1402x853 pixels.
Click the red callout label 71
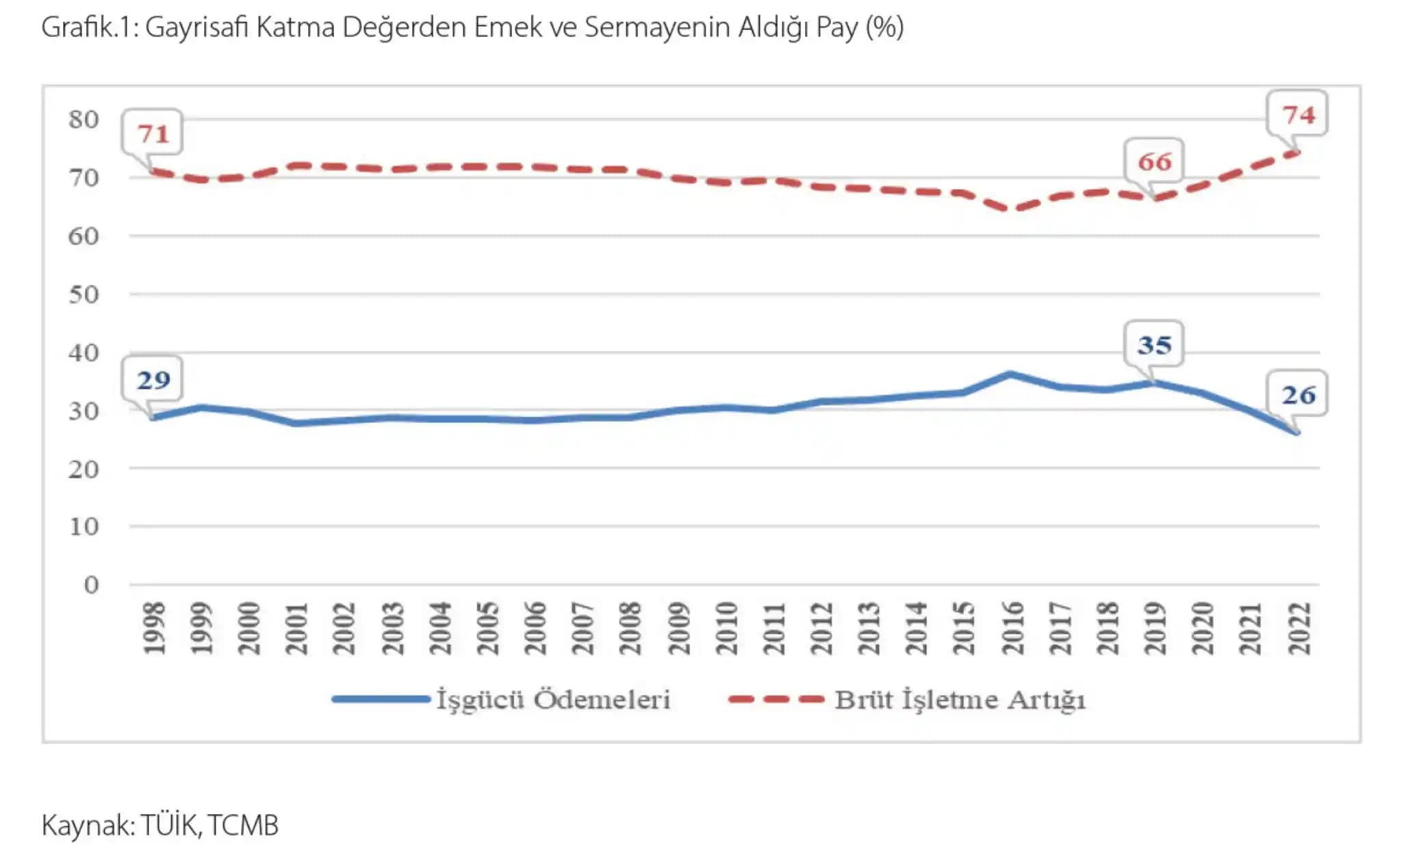coord(153,133)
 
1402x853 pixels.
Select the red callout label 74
coord(1298,114)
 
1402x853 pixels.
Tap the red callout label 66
coord(1154,162)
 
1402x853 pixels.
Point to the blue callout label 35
coord(1154,344)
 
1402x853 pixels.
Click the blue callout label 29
coord(153,380)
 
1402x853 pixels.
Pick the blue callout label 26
coord(1298,394)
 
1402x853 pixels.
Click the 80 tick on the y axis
coord(84,119)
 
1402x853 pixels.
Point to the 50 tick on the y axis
coord(84,294)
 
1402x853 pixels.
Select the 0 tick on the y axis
coord(91,585)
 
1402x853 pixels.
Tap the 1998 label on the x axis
coord(154,628)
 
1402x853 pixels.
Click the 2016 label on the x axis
coord(1012,628)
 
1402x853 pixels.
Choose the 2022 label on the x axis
coord(1299,628)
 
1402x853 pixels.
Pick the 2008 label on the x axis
coord(630,628)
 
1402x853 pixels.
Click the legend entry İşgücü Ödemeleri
coord(553,699)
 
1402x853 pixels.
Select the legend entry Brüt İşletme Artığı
coord(960,699)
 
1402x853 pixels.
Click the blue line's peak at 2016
coord(1012,374)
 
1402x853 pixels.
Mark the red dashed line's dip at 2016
coord(1012,208)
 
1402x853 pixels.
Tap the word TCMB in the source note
coord(243,825)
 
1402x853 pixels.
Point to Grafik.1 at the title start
coord(89,27)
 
